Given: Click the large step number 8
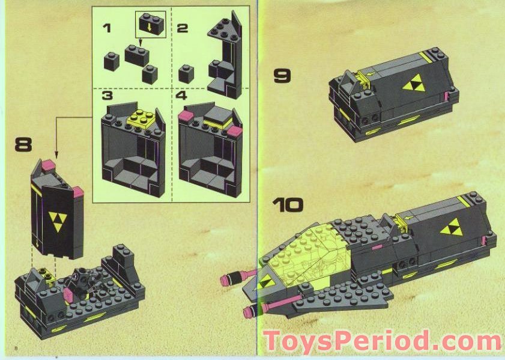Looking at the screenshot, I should click(23, 144).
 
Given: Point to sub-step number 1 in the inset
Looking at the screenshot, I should click(107, 28).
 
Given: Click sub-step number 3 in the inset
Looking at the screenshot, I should click(107, 96).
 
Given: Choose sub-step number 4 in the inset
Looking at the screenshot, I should click(182, 96).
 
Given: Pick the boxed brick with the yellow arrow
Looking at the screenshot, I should click(150, 25).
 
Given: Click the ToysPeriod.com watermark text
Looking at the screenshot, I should click(382, 341).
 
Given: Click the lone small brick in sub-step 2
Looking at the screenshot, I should click(186, 75).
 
